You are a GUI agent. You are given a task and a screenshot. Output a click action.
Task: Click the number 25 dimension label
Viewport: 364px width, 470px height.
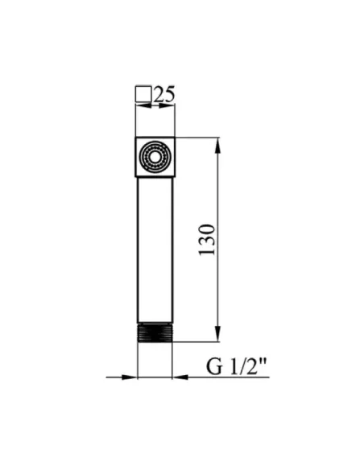point(164,95)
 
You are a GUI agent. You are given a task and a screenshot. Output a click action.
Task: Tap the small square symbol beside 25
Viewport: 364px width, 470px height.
point(143,94)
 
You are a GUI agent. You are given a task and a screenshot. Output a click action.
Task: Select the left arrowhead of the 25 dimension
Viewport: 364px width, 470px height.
point(143,105)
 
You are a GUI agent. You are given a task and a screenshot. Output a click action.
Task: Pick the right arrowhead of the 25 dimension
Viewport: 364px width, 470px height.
point(168,105)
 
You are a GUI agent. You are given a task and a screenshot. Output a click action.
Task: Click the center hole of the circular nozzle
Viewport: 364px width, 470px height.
point(155,157)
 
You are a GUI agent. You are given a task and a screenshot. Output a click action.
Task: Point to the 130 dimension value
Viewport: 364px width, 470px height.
point(207,240)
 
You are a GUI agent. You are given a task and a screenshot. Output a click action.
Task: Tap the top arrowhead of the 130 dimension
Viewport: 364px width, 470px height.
point(218,146)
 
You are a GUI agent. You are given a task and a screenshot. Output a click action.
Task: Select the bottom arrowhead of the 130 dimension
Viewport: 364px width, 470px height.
point(218,333)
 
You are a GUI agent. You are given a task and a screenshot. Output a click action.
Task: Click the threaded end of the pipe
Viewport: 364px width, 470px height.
point(155,332)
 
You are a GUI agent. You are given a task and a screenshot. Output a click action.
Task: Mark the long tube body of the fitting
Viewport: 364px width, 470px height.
point(155,250)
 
